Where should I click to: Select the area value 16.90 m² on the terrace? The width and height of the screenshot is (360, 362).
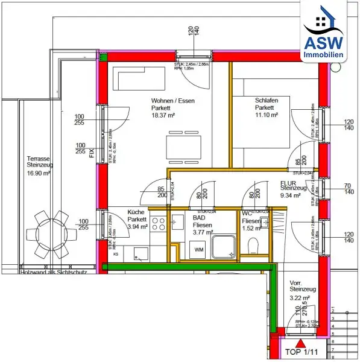click(39, 173)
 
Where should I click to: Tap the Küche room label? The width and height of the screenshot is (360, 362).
click(136, 212)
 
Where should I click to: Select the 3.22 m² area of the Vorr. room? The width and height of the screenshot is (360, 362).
click(300, 298)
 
